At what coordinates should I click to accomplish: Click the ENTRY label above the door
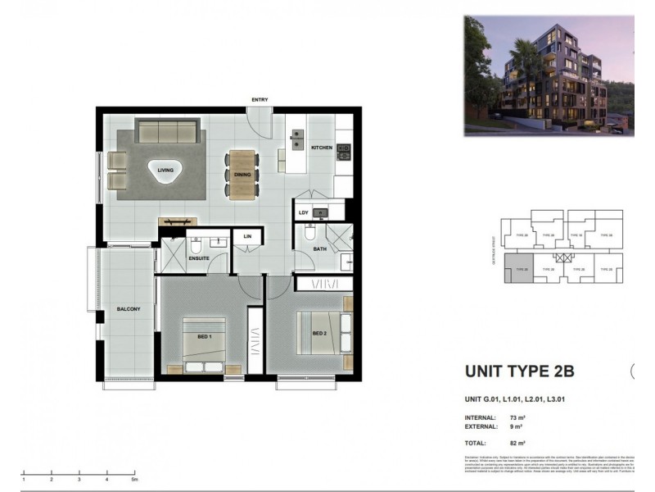[x=260, y=100]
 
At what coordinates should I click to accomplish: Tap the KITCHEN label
[x=321, y=148]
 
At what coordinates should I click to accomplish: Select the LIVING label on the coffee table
[x=165, y=171]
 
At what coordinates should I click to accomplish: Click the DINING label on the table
[x=242, y=175]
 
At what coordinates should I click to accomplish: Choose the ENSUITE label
[x=199, y=258]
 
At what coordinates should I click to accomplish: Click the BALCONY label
[x=129, y=309]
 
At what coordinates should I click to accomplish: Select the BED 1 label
[x=205, y=337]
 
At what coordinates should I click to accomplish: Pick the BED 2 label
[x=320, y=333]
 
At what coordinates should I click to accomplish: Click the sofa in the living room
[x=167, y=130]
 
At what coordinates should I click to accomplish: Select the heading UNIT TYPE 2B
[x=519, y=371]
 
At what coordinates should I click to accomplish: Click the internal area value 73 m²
[x=517, y=417]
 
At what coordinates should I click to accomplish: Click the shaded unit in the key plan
[x=518, y=267]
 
